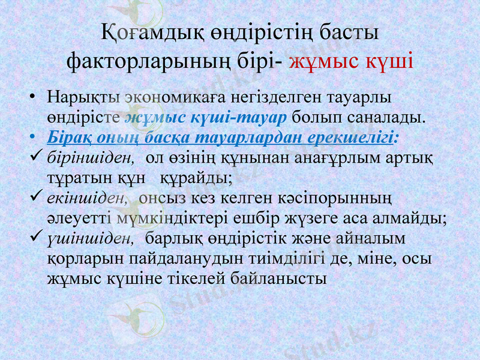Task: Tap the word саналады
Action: point(385,116)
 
